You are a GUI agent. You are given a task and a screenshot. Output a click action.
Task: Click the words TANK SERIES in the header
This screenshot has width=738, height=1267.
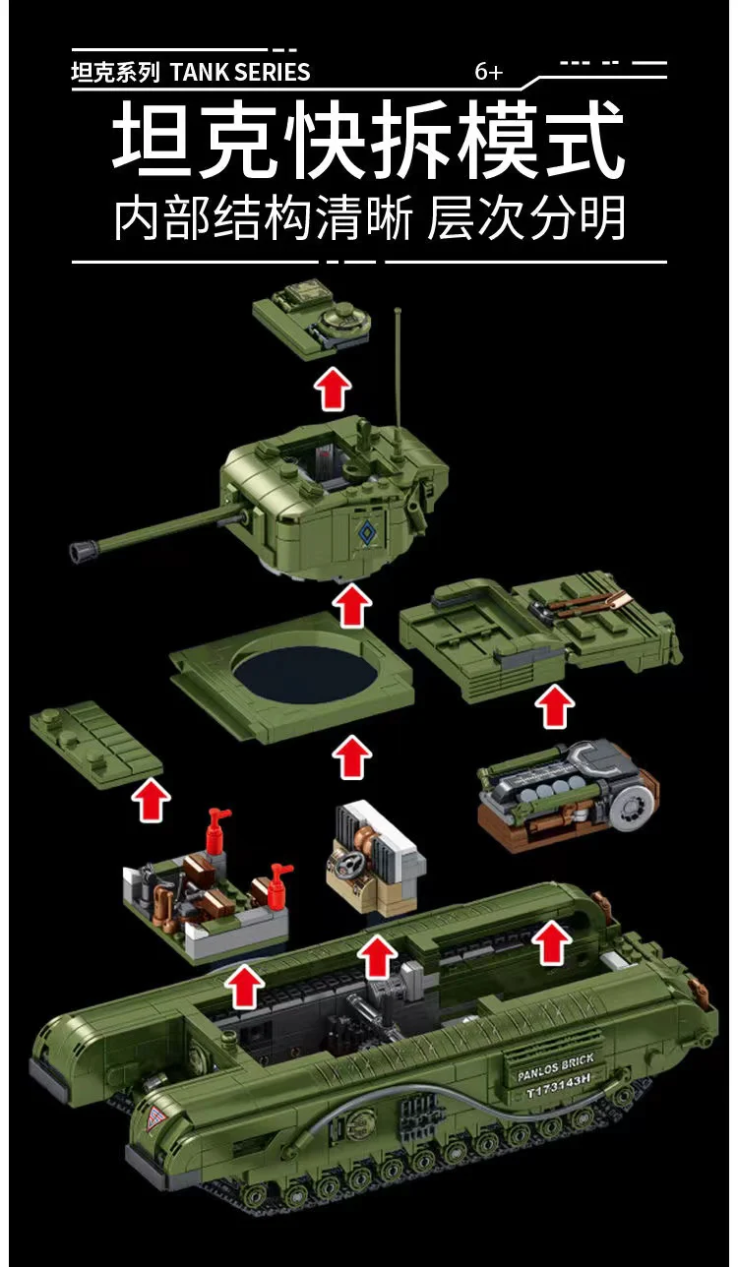[240, 72]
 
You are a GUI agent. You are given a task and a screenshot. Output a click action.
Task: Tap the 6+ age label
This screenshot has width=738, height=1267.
[488, 72]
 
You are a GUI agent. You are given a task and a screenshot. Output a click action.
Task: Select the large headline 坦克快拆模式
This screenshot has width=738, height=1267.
[368, 145]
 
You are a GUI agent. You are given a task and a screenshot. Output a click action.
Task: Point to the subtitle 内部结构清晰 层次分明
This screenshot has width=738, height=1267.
[369, 218]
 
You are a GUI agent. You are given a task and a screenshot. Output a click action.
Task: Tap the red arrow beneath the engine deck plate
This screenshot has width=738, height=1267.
[555, 707]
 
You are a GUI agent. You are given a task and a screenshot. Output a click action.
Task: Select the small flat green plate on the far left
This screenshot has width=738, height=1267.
[95, 743]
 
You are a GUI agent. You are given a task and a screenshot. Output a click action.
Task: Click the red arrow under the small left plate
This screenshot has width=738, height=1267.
[150, 800]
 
